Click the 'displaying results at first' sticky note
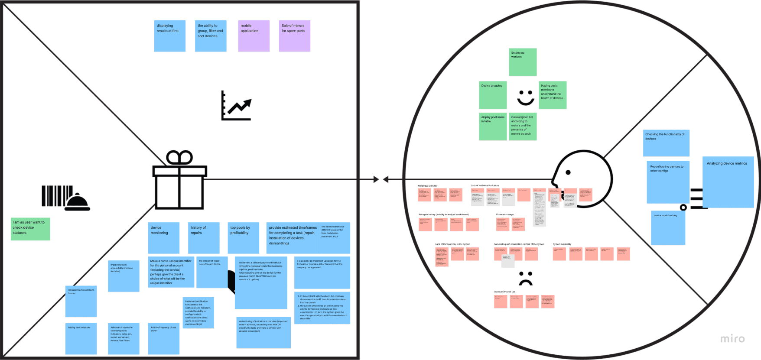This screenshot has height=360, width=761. pyautogui.click(x=169, y=36)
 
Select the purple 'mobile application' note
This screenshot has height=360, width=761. pyautogui.click(x=254, y=36)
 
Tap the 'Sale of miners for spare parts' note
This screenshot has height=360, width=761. pyautogui.click(x=294, y=36)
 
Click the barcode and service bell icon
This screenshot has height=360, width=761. pyautogui.click(x=65, y=198)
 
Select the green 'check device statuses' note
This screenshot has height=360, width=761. pyautogui.click(x=30, y=229)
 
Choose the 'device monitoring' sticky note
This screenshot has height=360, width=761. pyautogui.click(x=163, y=238)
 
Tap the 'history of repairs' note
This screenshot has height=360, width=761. pyautogui.click(x=204, y=238)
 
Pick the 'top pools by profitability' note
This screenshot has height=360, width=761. pyautogui.click(x=243, y=238)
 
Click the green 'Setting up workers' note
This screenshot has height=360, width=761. pyautogui.click(x=523, y=62)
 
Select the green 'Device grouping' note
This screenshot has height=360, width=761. pyautogui.click(x=493, y=95)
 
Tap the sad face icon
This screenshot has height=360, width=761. pyautogui.click(x=526, y=279)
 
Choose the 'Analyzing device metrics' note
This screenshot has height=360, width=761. pyautogui.click(x=728, y=182)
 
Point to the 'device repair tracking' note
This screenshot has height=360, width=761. pyautogui.click(x=668, y=228)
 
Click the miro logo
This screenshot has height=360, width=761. pyautogui.click(x=732, y=339)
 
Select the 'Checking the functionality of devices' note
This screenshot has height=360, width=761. pyautogui.click(x=666, y=143)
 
